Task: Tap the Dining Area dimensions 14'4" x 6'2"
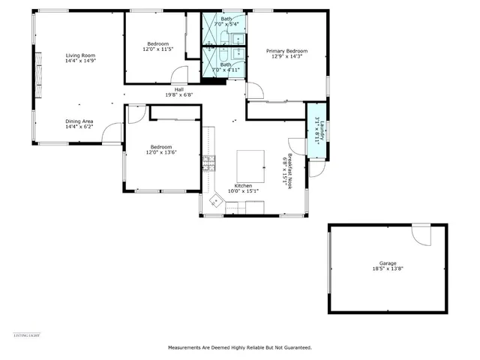(x=79, y=127)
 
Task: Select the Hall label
(x=179, y=89)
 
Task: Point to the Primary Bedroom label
(x=287, y=51)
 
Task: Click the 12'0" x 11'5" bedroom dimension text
(x=157, y=49)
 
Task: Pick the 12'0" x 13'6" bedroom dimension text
(x=161, y=152)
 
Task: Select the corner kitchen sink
(x=217, y=200)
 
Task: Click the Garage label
(x=387, y=263)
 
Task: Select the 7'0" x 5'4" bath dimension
(x=226, y=25)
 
